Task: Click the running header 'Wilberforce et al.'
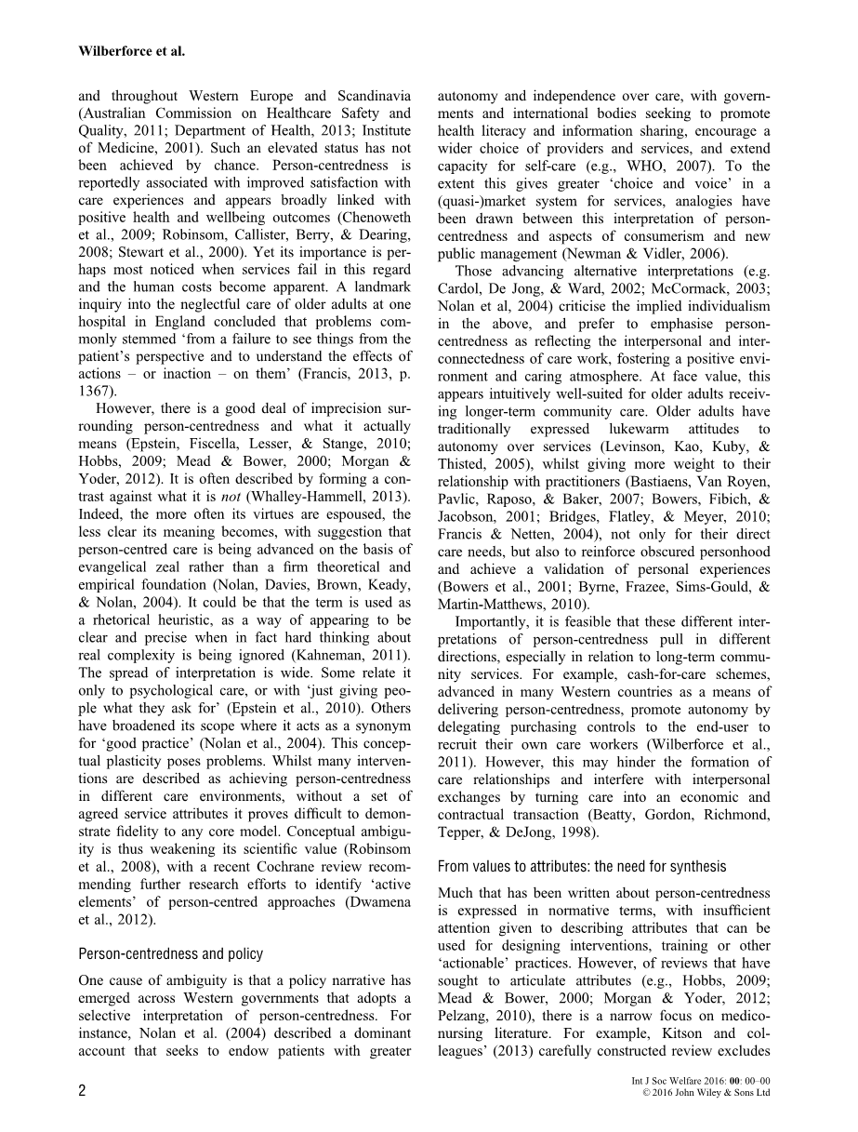(x=131, y=52)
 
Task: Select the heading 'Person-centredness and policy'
(x=171, y=953)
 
